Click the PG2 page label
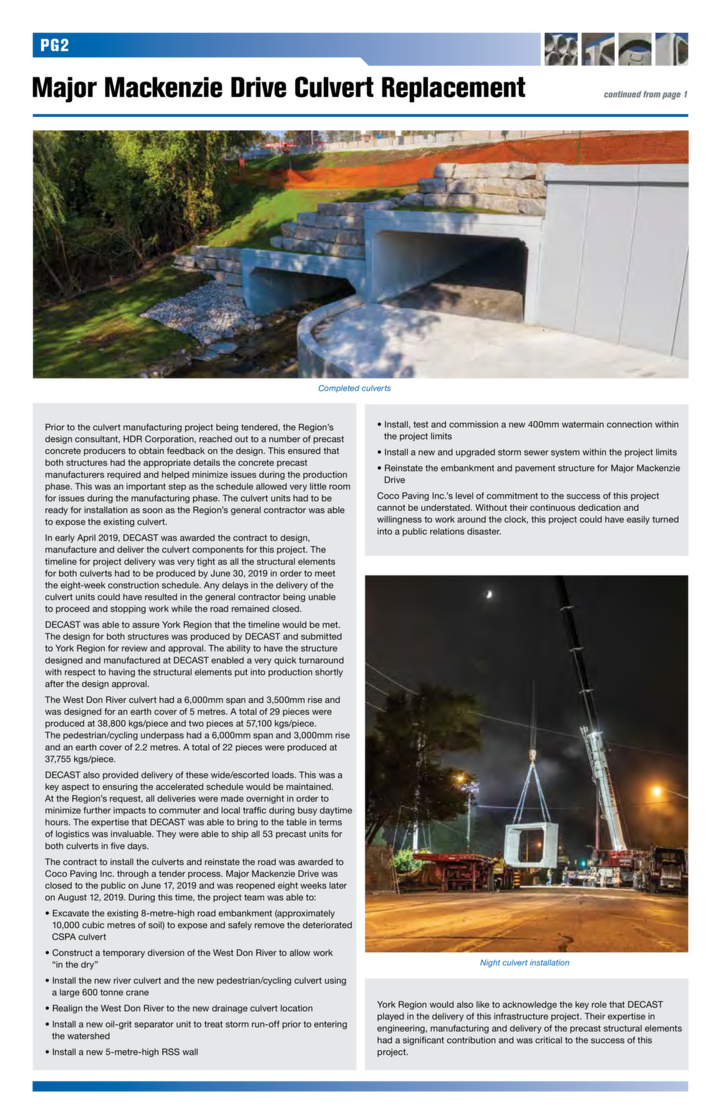tap(54, 46)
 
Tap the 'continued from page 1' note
tap(645, 94)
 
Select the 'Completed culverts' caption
tap(354, 388)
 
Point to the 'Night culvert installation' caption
tap(525, 963)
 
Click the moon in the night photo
tap(489, 595)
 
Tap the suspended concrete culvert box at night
tap(531, 844)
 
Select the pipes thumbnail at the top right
tap(560, 49)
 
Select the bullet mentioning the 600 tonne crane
tap(199, 986)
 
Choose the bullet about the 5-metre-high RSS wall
tap(125, 1052)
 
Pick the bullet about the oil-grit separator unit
tap(199, 1030)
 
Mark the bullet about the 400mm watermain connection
tap(530, 430)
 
